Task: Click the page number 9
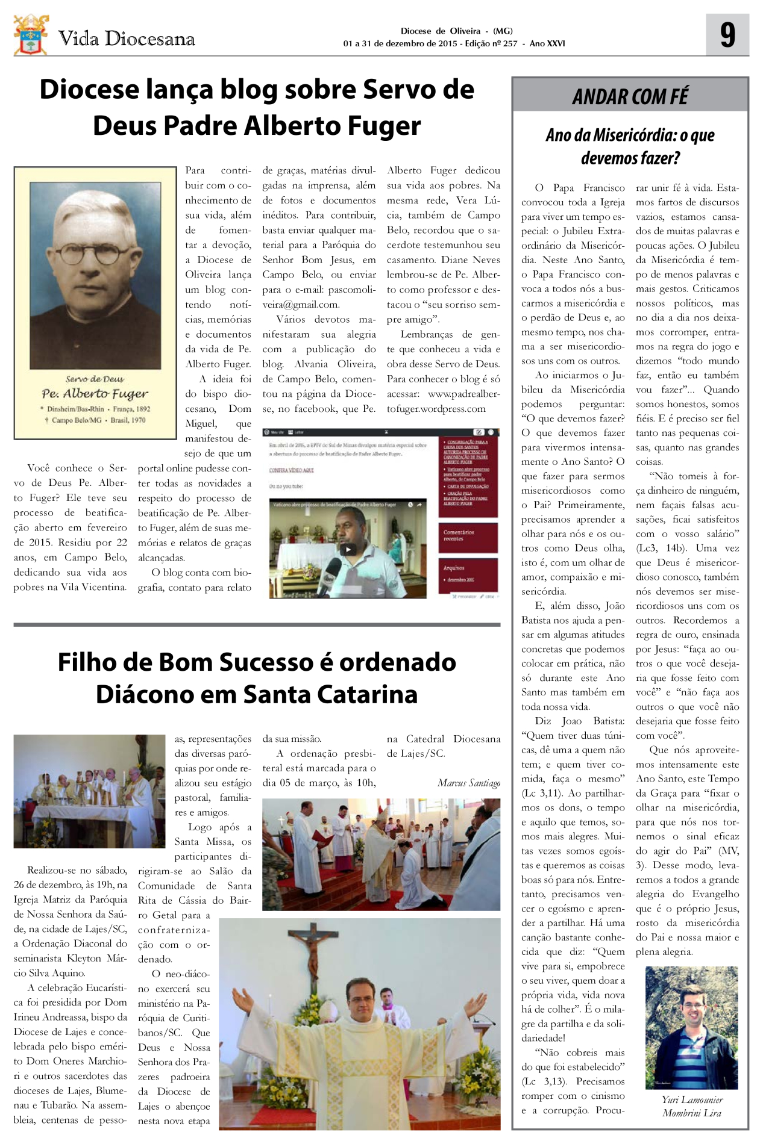(x=727, y=35)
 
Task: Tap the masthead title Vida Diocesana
(x=127, y=39)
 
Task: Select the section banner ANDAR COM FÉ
(x=630, y=96)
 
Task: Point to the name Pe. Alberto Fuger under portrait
(x=95, y=394)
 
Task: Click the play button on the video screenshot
(x=348, y=549)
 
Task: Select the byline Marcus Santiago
(x=468, y=783)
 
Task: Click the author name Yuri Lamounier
(x=692, y=1099)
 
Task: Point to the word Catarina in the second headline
(x=371, y=694)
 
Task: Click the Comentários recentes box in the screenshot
(x=468, y=535)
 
